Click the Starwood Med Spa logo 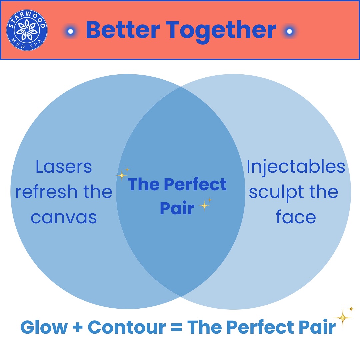[x=27, y=30]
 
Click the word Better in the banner [x=123, y=30]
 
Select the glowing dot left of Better [x=70, y=31]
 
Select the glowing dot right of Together [x=290, y=31]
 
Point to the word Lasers [x=64, y=167]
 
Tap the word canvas [x=64, y=218]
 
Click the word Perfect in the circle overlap [x=195, y=184]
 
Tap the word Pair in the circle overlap [x=177, y=208]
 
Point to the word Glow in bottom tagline [x=44, y=327]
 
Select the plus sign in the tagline [x=78, y=327]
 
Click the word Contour [x=127, y=327]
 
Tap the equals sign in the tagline [x=177, y=327]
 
